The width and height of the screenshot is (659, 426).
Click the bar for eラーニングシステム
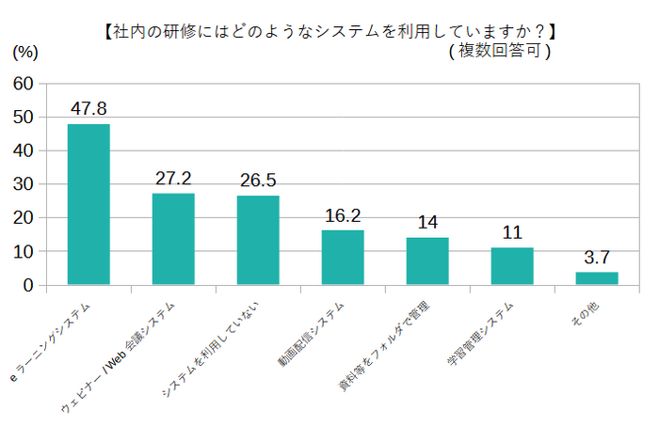[88, 204]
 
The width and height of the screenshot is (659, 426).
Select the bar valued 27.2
[173, 239]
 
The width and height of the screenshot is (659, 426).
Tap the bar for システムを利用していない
[258, 240]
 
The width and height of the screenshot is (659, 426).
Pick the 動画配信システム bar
[343, 257]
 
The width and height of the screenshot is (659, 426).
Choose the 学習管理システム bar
[512, 266]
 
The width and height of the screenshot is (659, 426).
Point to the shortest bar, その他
[597, 278]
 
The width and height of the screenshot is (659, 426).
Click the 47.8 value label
[88, 109]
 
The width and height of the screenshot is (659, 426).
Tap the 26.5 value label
[258, 181]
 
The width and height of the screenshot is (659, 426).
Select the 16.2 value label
[343, 215]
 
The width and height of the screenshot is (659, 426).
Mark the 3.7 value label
[597, 258]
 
